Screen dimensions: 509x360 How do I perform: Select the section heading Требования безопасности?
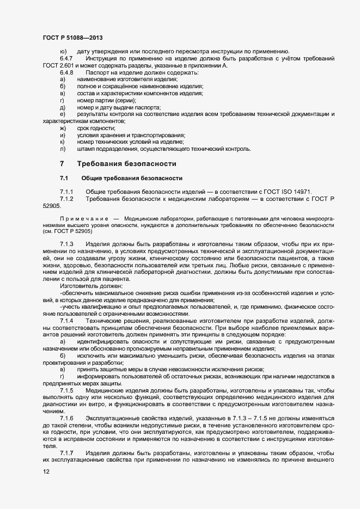coord(127,163)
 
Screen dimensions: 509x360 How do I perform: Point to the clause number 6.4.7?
coord(66,58)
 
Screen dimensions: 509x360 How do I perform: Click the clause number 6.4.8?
coord(66,72)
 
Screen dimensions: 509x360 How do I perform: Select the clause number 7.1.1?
coord(66,192)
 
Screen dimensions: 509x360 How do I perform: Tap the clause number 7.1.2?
coord(66,199)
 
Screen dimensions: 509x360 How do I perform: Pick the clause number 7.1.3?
coord(66,243)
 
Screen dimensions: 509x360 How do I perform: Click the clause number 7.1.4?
coord(66,321)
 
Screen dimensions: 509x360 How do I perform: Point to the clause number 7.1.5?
coord(66,391)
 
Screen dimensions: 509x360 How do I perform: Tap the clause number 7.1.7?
coord(66,453)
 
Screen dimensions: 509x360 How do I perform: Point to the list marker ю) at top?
coord(63,51)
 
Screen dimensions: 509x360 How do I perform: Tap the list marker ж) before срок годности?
coord(63,128)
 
